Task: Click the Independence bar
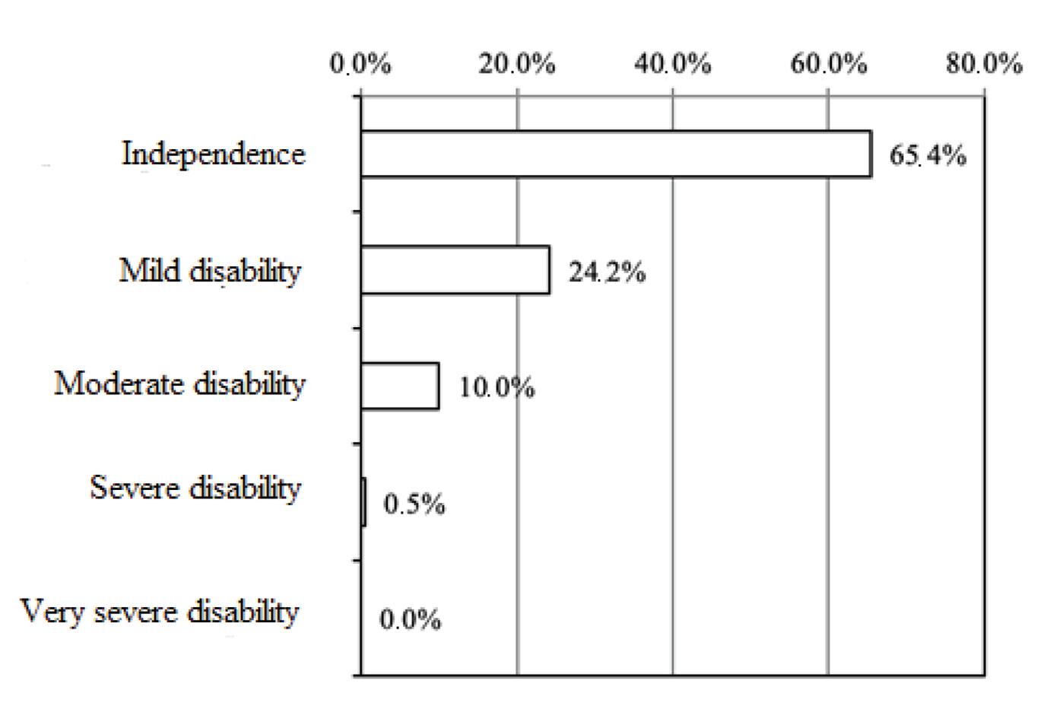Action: [616, 154]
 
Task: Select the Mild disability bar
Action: [455, 270]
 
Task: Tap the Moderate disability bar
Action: [400, 386]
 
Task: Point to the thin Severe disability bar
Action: [364, 501]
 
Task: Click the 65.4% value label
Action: [928, 156]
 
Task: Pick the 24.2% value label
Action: [607, 272]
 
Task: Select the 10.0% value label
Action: [496, 388]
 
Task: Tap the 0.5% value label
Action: [414, 504]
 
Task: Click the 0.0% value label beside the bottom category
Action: [411, 620]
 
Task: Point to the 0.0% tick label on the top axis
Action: [360, 65]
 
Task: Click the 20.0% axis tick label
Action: [516, 65]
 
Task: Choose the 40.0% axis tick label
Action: [673, 65]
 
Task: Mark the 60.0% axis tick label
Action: [829, 65]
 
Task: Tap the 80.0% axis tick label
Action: [984, 65]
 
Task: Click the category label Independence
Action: [214, 154]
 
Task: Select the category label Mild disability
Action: [210, 271]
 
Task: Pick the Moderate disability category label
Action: [179, 383]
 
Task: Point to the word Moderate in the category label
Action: [119, 383]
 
